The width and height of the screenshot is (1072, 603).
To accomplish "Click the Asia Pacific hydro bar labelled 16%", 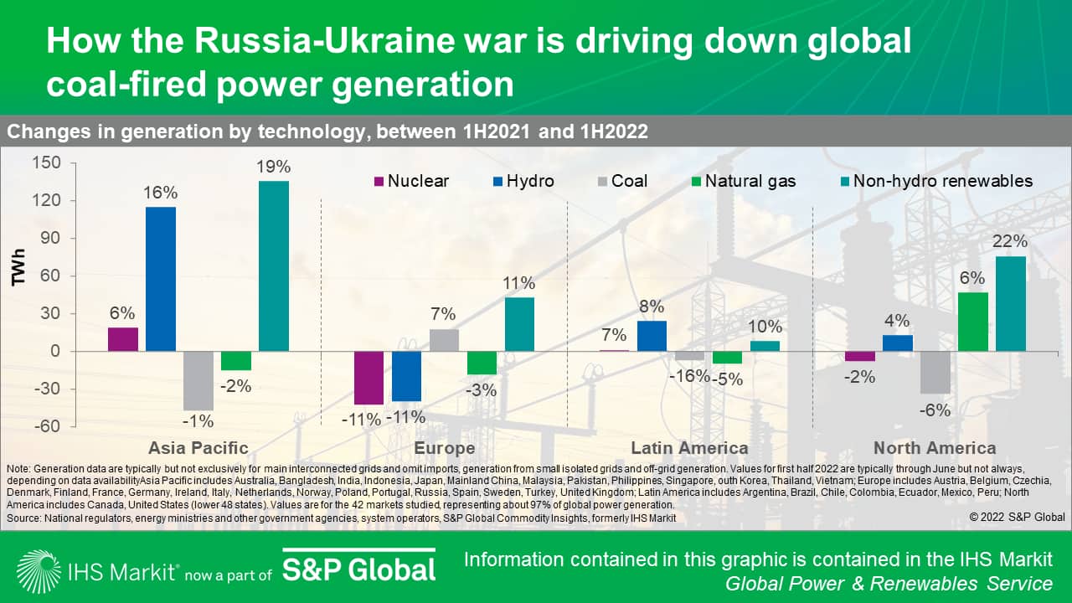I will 161,279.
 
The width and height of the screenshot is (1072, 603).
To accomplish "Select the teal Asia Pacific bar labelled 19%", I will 274,266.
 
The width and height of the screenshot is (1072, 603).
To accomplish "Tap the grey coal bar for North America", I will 935,372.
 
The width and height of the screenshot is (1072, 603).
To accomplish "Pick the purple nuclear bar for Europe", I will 368,378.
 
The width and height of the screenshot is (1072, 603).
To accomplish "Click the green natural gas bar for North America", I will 973,322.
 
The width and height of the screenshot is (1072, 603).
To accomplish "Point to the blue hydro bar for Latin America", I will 652,336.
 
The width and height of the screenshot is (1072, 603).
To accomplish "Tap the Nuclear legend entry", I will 410,181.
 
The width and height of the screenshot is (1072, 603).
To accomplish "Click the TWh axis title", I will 18,267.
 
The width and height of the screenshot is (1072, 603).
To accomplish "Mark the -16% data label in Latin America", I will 688,377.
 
